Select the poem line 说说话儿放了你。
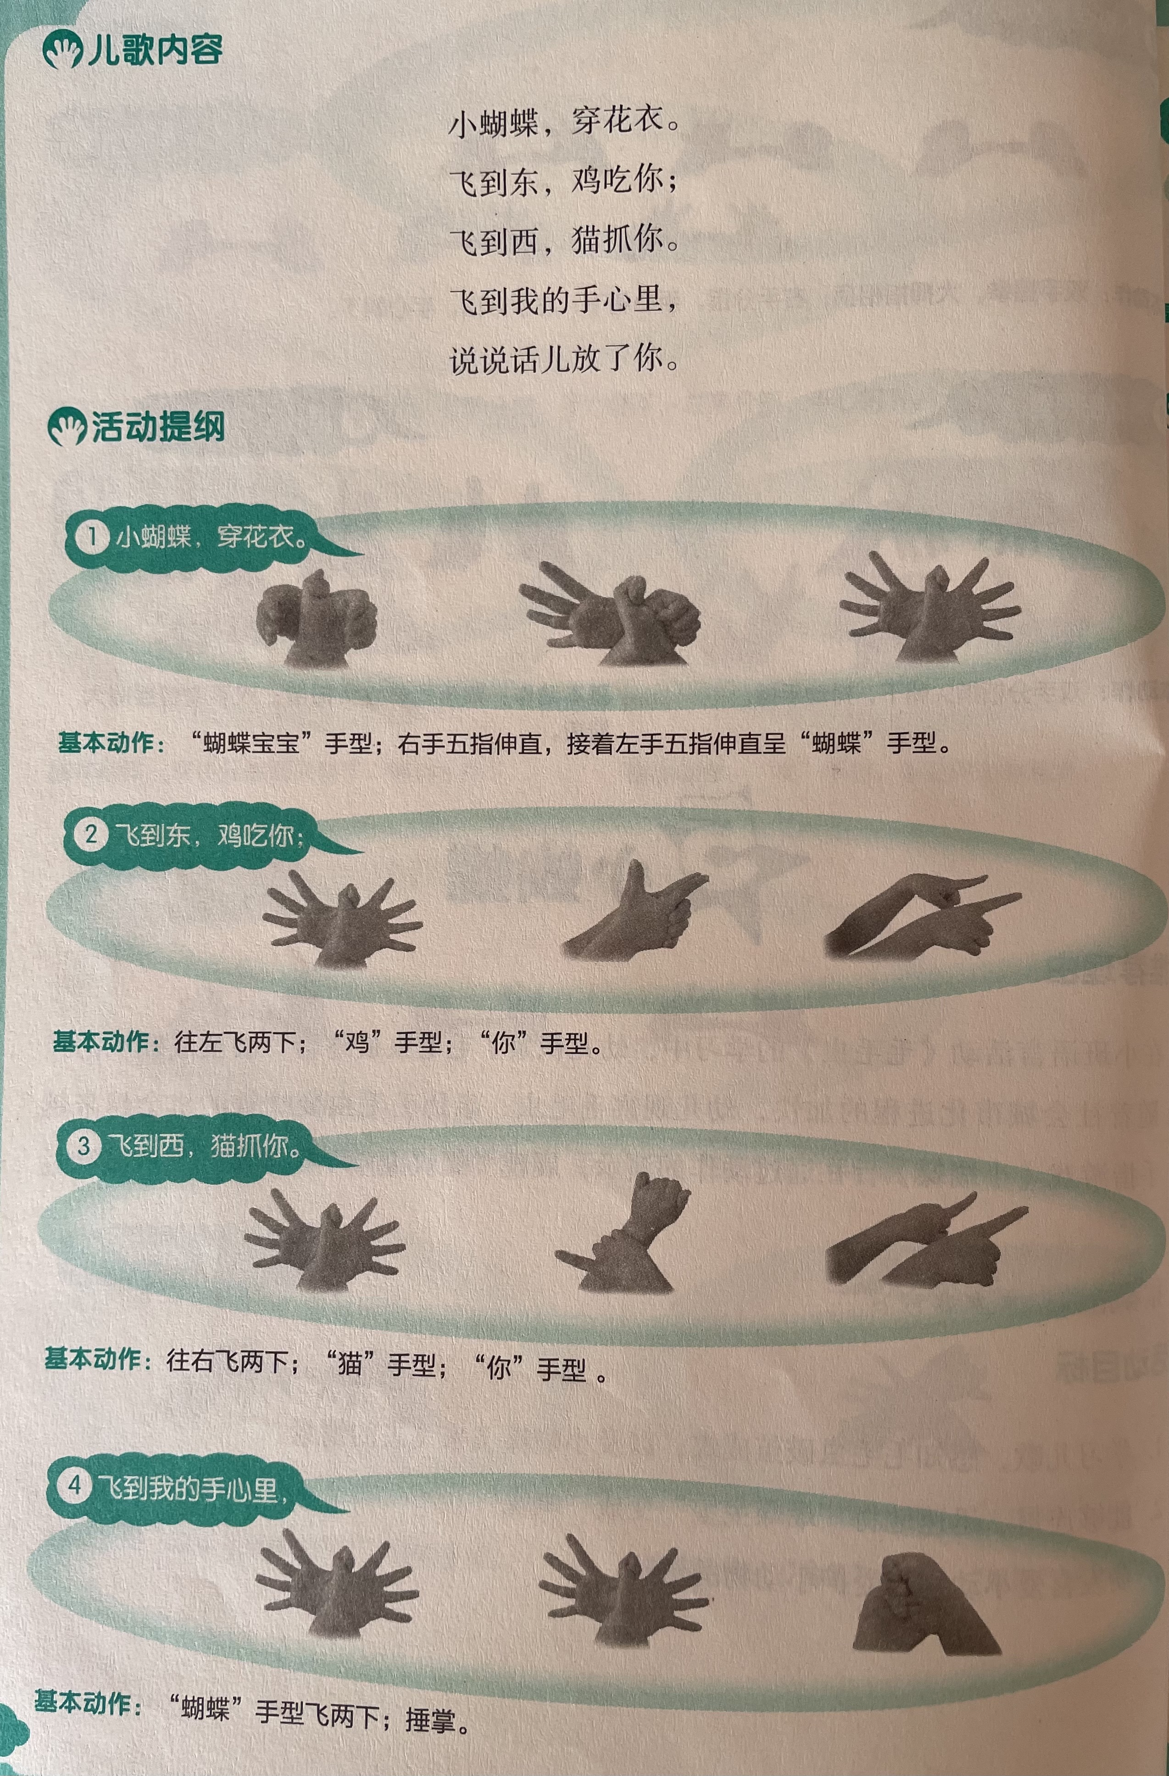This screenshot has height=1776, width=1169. (565, 360)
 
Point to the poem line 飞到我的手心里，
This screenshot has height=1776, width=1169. (565, 300)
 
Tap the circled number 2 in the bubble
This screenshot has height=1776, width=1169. (90, 834)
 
